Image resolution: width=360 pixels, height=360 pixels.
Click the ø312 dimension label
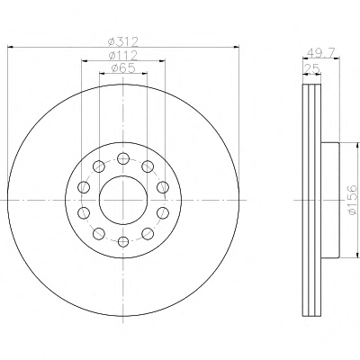123,41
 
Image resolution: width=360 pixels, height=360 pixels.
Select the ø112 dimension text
123,55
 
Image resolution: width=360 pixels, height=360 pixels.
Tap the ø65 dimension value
123,68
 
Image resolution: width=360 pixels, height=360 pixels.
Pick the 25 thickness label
312,69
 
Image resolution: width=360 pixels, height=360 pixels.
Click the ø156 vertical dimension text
353,200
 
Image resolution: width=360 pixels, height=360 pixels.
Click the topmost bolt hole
123,158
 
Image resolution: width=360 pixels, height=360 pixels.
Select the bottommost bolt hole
123,241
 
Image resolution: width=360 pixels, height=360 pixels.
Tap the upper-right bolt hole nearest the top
148,166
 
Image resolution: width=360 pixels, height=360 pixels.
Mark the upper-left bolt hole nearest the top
99,166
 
